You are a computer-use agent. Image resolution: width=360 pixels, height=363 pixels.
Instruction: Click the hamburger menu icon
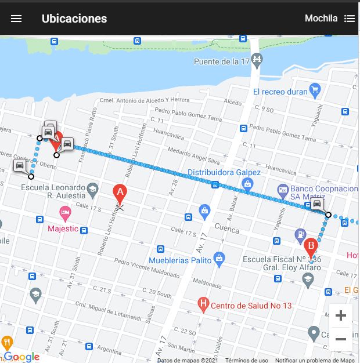coord(16,19)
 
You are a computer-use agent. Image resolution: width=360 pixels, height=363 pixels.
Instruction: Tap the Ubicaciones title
coord(74,19)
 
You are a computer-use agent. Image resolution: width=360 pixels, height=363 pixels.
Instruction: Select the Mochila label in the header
coord(321,19)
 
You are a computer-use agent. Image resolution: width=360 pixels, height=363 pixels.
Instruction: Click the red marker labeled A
coord(120,194)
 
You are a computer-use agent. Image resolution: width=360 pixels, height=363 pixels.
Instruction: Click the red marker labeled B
coord(311,248)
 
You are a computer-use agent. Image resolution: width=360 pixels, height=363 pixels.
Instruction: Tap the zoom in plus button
coord(341,316)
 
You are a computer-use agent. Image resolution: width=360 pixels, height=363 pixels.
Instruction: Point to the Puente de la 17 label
coord(221,61)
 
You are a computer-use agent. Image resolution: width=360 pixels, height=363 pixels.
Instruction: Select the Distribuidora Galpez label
coord(224,172)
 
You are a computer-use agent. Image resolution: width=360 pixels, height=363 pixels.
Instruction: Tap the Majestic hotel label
coord(63,228)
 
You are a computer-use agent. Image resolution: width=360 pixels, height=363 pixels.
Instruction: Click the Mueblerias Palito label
coord(179,260)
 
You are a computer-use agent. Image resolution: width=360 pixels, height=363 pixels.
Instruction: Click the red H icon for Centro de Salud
coord(203,303)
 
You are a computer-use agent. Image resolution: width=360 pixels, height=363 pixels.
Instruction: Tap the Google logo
coord(21,357)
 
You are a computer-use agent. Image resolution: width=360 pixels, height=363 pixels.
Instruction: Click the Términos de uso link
coord(247,360)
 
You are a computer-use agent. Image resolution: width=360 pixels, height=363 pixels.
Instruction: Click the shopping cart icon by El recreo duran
coord(315,90)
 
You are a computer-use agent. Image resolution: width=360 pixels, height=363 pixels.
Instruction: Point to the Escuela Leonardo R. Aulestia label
coord(53,192)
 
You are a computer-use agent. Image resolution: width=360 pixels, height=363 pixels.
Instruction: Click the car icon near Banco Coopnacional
coord(316,204)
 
